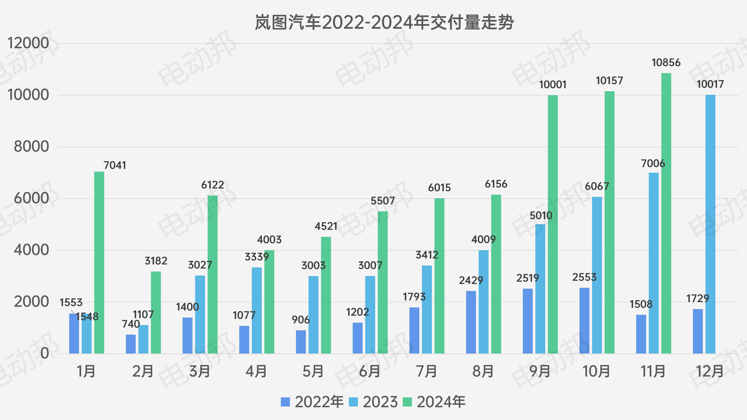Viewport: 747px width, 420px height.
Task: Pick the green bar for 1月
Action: click(x=99, y=262)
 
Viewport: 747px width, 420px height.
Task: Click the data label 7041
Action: click(x=115, y=165)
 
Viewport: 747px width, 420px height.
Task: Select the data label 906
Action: click(x=301, y=320)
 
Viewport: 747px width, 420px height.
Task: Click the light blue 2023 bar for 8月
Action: click(x=483, y=301)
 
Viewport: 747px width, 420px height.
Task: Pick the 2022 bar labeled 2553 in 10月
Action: click(x=584, y=320)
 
